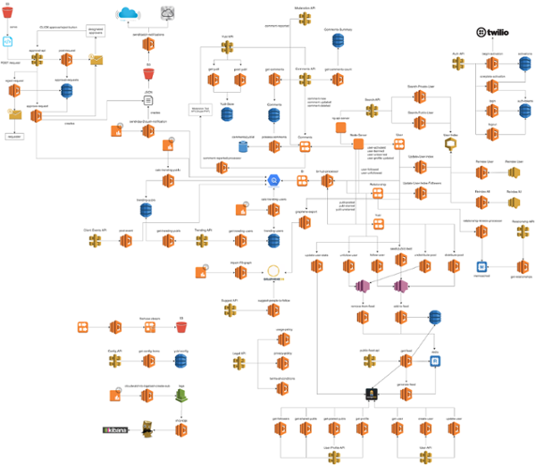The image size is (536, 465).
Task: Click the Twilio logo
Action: (x=493, y=33)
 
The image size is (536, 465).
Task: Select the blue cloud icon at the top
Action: (x=130, y=13)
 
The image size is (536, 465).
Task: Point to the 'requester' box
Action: (x=14, y=137)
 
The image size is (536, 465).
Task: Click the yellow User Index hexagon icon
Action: (x=452, y=146)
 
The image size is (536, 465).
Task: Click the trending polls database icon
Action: (x=145, y=211)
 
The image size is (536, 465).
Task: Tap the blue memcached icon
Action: (x=482, y=267)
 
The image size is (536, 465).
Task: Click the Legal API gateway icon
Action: (x=239, y=364)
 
